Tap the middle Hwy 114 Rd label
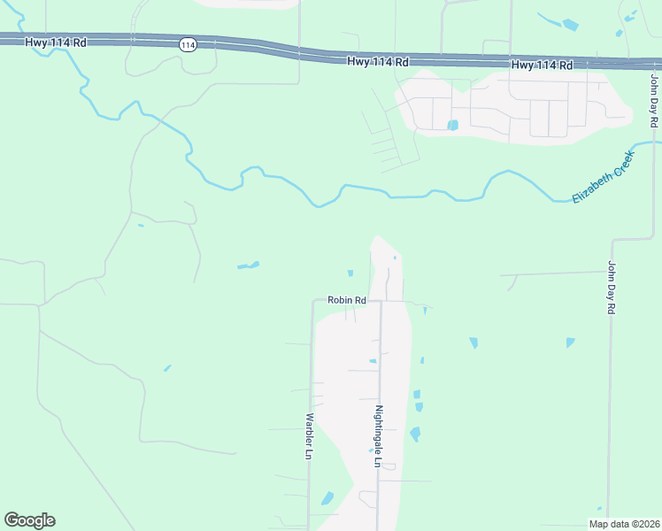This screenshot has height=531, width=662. coord(378,62)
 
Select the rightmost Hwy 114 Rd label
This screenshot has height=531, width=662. coord(542,65)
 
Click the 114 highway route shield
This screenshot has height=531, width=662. coord(187,44)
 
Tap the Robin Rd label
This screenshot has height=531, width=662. coord(347,300)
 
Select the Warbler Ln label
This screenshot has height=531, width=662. coord(309,435)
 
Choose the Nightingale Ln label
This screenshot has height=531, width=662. coord(378,435)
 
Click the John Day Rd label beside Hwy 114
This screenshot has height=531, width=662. coord(654,100)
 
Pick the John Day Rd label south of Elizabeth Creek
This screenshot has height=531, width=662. coord(611,288)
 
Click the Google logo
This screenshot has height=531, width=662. coord(29,520)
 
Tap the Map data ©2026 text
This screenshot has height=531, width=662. coord(623,523)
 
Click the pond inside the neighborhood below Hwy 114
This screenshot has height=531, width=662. coord(453,125)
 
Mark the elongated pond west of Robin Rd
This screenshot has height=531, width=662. coord(248,265)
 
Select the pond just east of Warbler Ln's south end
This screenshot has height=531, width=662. coord(328,498)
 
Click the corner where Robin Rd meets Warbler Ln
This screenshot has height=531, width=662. coord(312,300)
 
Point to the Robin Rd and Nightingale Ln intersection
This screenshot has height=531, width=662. coord(380,301)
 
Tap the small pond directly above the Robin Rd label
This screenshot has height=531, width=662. coord(350,273)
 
